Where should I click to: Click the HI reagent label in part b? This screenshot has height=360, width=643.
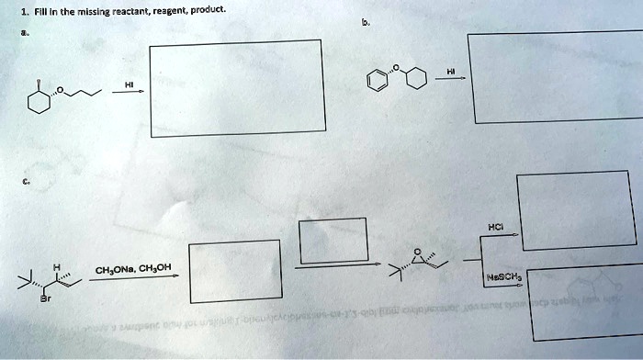450,71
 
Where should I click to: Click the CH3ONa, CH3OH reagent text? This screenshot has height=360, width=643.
132,268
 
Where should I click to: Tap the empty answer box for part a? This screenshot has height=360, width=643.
236,88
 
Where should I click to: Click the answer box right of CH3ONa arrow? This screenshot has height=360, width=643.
235,271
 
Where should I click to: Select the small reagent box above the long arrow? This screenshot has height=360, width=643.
333,239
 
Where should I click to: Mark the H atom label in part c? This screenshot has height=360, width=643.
57,267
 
